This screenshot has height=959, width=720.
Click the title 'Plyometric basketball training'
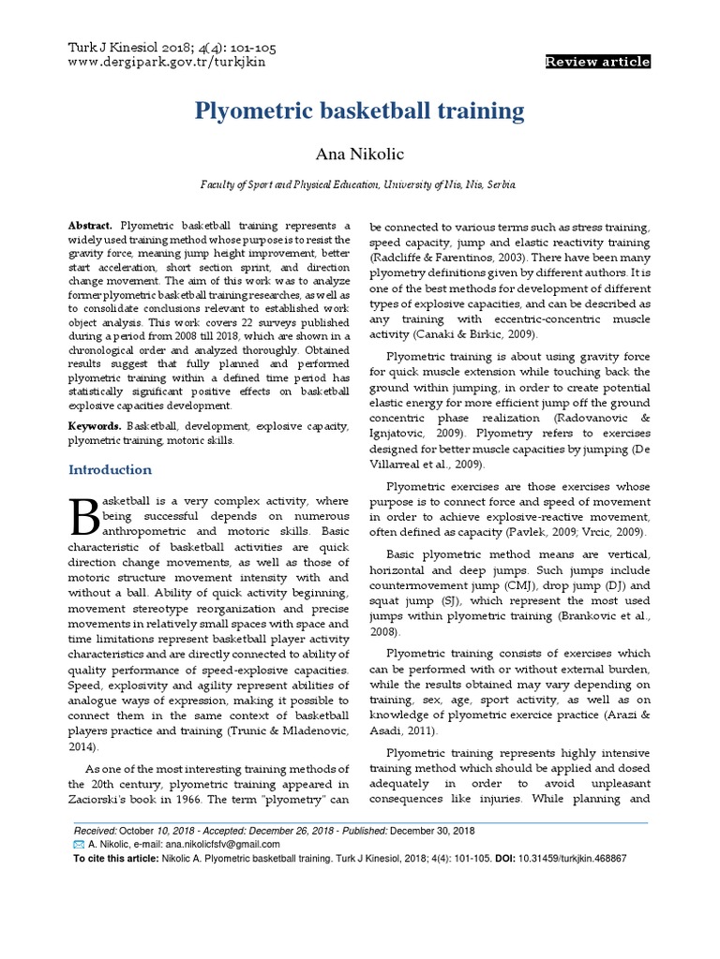click(359, 111)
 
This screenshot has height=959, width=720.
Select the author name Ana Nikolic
click(359, 154)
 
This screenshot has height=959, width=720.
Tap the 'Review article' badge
click(597, 62)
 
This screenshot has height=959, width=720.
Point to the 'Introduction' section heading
click(111, 469)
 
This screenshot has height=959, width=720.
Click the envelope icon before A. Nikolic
click(79, 844)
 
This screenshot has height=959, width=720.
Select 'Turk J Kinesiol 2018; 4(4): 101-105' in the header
click(173, 48)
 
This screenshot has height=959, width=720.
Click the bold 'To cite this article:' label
click(116, 858)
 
